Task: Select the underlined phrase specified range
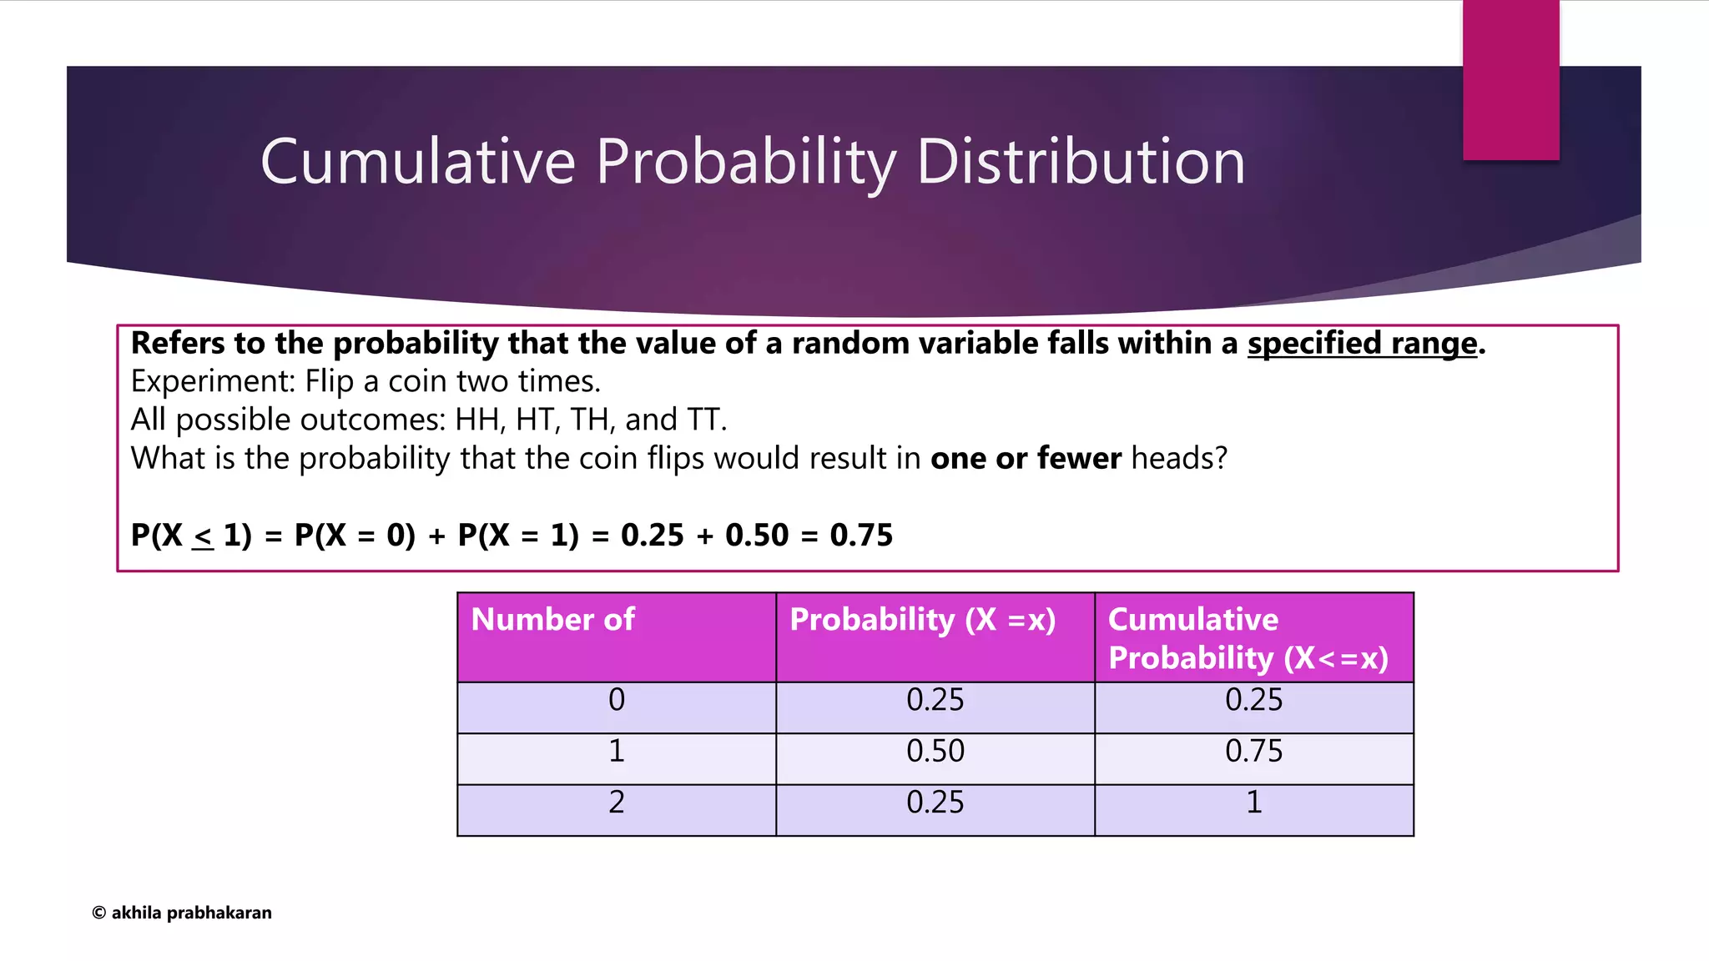pyautogui.click(x=1362, y=344)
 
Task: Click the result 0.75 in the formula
pyautogui.click(x=860, y=536)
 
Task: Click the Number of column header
pyautogui.click(x=553, y=620)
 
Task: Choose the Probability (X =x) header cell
pyautogui.click(x=923, y=620)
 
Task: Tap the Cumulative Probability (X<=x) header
pyautogui.click(x=1248, y=638)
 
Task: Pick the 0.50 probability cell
pyautogui.click(x=935, y=752)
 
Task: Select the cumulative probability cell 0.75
pyautogui.click(x=1253, y=752)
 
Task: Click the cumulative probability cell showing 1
pyautogui.click(x=1253, y=803)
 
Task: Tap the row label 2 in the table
pyautogui.click(x=617, y=803)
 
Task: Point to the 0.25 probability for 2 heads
pyautogui.click(x=935, y=803)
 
